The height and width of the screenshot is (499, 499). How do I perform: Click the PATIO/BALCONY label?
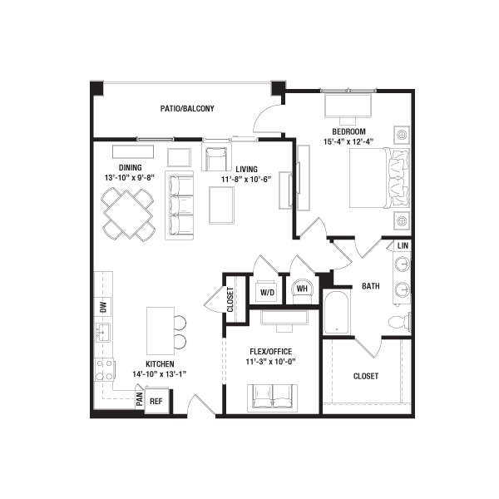tap(187, 108)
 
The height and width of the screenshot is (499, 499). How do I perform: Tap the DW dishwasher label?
tap(103, 307)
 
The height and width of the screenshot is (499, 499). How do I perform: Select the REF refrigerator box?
tap(156, 400)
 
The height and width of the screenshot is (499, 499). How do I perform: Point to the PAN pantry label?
tap(140, 399)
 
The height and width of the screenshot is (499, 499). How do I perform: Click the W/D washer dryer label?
tap(267, 292)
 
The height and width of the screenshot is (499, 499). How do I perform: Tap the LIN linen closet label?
tap(403, 245)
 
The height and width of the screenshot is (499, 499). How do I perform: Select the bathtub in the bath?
tap(336, 312)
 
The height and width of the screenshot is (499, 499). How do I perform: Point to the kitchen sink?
tap(103, 332)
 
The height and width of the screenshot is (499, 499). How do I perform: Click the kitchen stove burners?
tap(105, 370)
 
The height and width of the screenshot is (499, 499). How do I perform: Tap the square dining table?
tap(128, 215)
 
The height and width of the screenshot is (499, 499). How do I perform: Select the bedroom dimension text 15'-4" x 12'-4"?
tap(348, 141)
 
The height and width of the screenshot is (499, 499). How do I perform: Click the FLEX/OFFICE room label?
tap(271, 351)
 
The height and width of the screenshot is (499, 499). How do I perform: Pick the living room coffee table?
tap(221, 205)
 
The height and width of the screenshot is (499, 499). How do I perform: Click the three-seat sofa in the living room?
tap(179, 205)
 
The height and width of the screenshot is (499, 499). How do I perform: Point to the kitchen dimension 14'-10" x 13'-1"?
tap(159, 374)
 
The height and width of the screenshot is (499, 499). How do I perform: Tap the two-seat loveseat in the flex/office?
tap(273, 397)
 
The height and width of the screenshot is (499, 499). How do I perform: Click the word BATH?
tap(371, 286)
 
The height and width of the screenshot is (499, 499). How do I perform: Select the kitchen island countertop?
tap(161, 331)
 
